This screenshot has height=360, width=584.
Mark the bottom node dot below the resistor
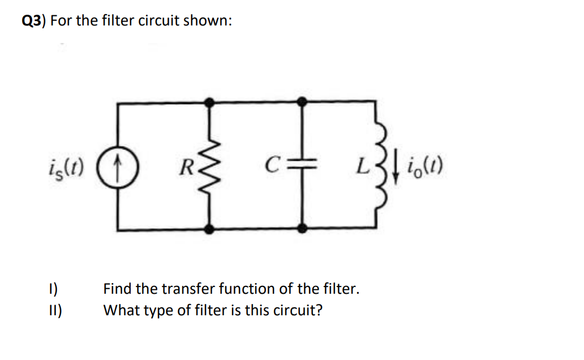[x=209, y=229]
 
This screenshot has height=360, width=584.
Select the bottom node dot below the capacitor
[x=302, y=229]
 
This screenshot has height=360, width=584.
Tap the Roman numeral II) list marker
[x=57, y=311]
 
